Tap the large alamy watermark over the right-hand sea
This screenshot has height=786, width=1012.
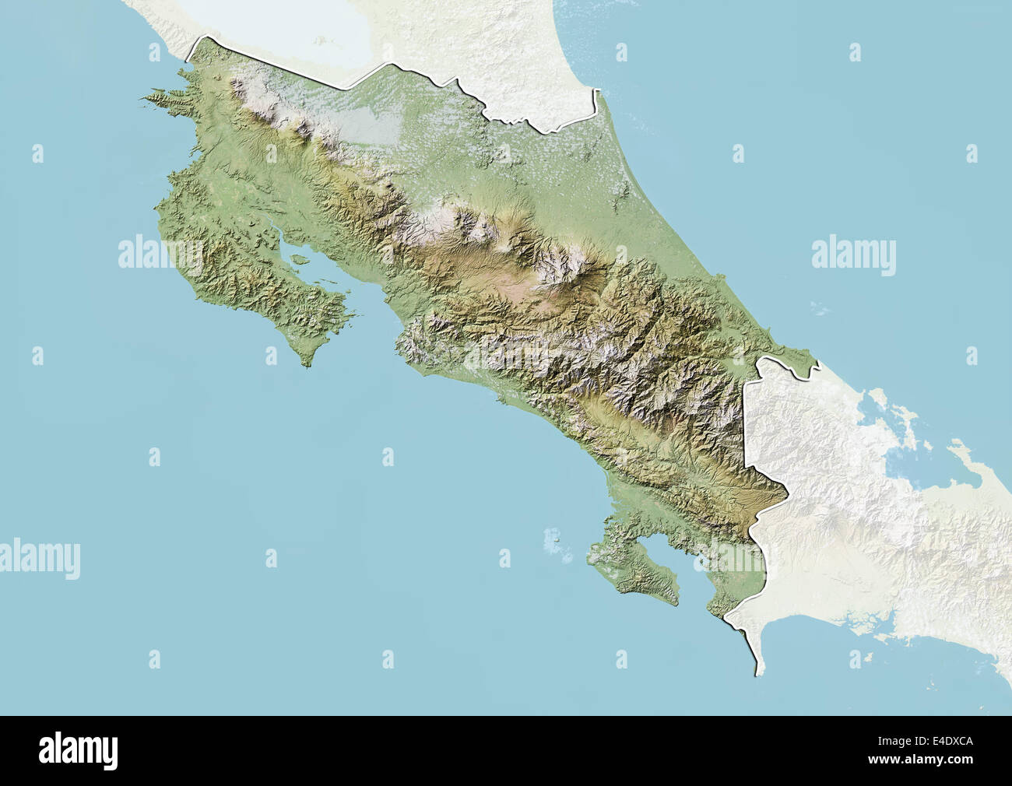tap(853, 255)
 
